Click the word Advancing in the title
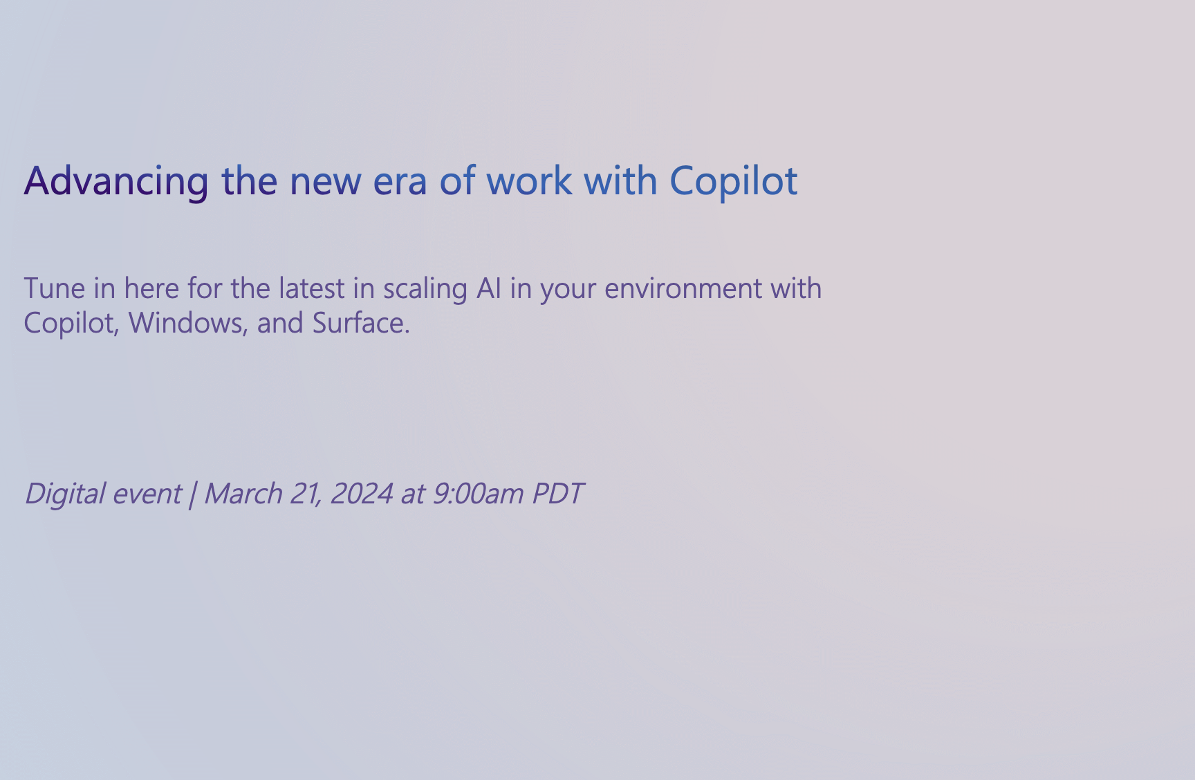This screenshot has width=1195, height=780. click(x=116, y=182)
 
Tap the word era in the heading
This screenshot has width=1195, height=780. click(x=400, y=182)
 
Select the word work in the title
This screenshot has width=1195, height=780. click(x=529, y=180)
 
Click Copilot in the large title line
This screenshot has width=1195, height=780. click(x=734, y=182)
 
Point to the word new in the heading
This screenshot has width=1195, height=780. click(x=325, y=182)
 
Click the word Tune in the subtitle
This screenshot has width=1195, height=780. click(x=55, y=288)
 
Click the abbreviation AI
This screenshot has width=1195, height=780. click(x=489, y=288)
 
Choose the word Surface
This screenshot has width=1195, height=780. click(x=361, y=323)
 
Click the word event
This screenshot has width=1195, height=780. click(x=147, y=494)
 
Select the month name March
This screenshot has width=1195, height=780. click(x=243, y=494)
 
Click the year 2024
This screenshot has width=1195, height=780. click(x=362, y=494)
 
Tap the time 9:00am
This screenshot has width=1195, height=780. click(x=478, y=494)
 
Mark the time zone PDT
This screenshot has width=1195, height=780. click(x=558, y=494)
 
